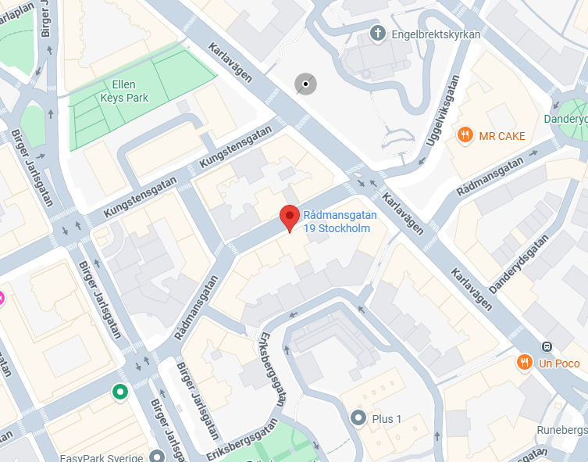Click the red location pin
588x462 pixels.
click(x=290, y=217)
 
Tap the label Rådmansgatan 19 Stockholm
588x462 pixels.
click(x=340, y=222)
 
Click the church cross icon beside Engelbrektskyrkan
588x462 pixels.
click(x=377, y=34)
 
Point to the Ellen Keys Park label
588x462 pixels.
click(x=124, y=91)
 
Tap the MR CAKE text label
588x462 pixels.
click(x=502, y=136)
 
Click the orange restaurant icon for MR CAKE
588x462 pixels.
click(x=465, y=134)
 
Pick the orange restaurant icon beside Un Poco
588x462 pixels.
click(x=524, y=363)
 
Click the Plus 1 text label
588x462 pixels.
click(x=387, y=419)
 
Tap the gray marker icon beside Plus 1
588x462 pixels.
click(x=358, y=418)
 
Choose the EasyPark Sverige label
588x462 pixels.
click(x=102, y=457)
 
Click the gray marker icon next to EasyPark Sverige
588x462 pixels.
click(x=158, y=456)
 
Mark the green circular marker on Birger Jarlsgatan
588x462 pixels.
click(x=119, y=392)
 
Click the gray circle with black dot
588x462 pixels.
click(x=305, y=84)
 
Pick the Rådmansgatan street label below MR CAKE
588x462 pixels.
click(x=490, y=177)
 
